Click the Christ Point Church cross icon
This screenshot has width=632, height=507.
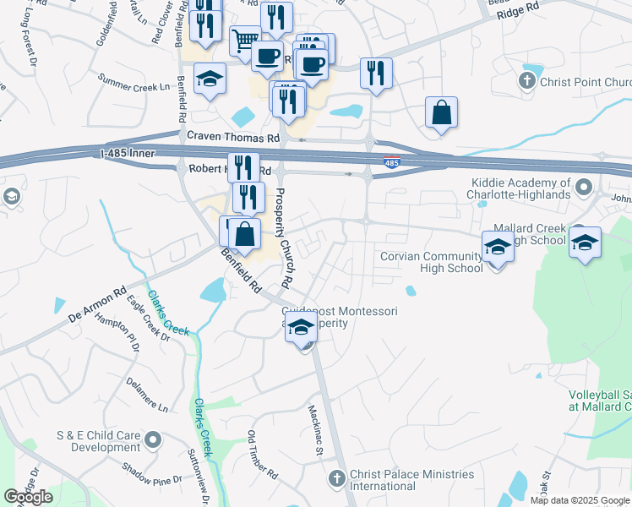pyautogui.click(x=527, y=82)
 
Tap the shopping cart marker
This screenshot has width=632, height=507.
pyautogui.click(x=245, y=39)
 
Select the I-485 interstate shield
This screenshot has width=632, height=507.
pyautogui.click(x=392, y=163)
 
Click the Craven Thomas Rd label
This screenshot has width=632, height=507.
pyautogui.click(x=233, y=137)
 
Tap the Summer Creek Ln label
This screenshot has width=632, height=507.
pyautogui.click(x=133, y=80)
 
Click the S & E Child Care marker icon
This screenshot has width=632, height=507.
pyautogui.click(x=153, y=439)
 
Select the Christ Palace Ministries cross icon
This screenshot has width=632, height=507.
pyautogui.click(x=336, y=479)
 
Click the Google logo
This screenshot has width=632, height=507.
pyautogui.click(x=29, y=497)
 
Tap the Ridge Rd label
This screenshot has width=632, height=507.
pyautogui.click(x=517, y=10)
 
